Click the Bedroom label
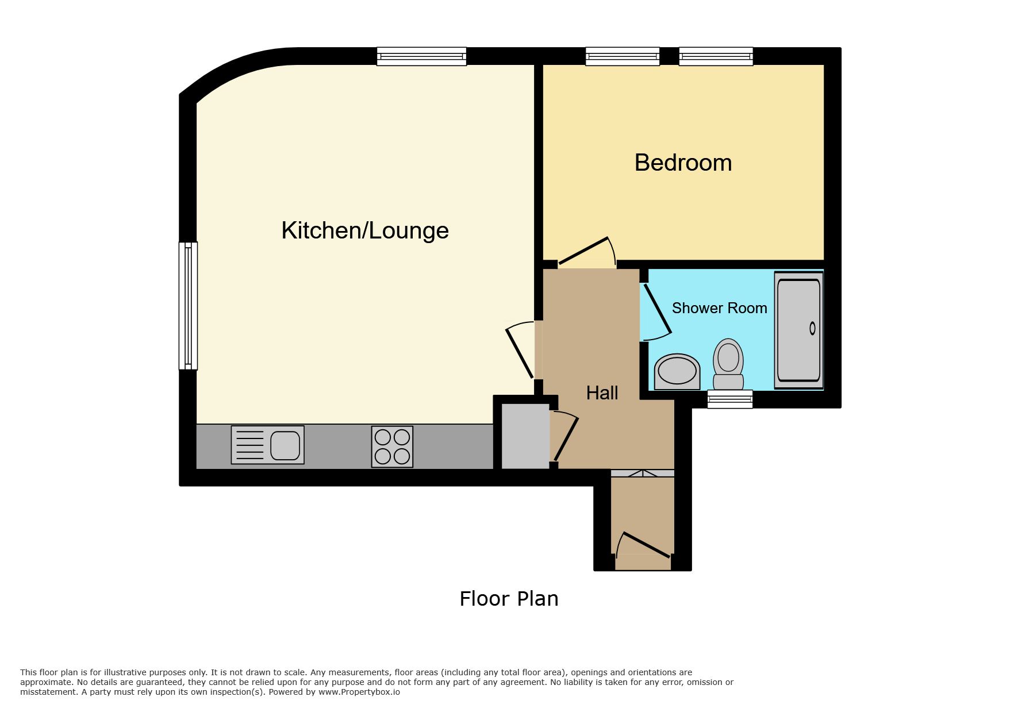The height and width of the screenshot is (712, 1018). click(683, 163)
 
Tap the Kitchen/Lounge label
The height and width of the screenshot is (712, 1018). click(365, 230)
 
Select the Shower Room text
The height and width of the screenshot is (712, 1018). click(719, 308)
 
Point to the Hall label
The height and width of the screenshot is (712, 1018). click(602, 392)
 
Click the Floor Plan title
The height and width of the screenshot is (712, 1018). click(509, 599)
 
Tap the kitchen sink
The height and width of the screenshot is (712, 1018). click(267, 445)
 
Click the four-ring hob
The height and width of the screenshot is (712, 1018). click(392, 447)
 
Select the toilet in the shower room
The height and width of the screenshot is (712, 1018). click(728, 364)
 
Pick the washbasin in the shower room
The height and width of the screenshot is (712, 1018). click(677, 371)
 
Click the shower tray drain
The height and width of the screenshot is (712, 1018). click(812, 328)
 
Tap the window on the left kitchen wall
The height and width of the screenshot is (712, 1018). click(188, 305)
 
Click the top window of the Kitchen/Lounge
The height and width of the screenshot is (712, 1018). click(421, 56)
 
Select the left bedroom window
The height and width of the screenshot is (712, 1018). click(623, 56)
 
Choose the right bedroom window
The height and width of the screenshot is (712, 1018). click(716, 56)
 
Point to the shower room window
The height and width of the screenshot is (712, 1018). click(729, 399)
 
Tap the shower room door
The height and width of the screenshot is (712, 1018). click(656, 310)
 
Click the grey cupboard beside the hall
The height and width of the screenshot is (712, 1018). click(525, 436)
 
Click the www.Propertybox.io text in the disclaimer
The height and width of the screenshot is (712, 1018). click(359, 692)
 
